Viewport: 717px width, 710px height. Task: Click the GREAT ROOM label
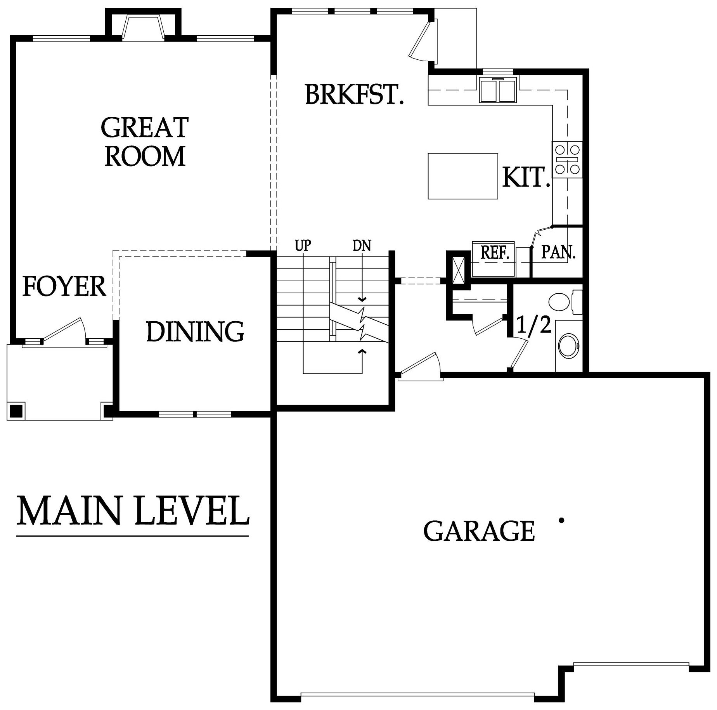(x=145, y=142)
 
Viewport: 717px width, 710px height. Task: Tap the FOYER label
(x=64, y=286)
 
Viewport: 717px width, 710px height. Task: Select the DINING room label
(x=195, y=332)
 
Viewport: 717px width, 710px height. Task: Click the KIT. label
(x=526, y=178)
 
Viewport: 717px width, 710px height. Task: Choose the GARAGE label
(x=479, y=531)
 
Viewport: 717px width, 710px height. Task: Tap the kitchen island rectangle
(x=462, y=176)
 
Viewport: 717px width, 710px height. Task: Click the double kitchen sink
(x=498, y=90)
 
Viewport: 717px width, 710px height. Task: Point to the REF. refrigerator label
(x=495, y=253)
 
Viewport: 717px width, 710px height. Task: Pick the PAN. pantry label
(x=558, y=253)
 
